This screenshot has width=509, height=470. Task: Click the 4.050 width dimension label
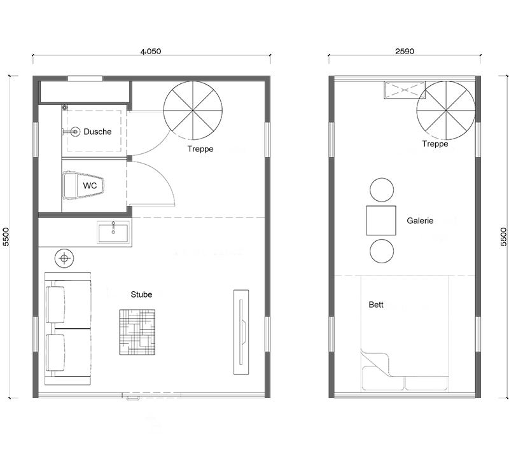point(151,52)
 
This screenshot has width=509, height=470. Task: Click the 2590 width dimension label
point(405,51)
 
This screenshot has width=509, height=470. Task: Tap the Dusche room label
point(97,132)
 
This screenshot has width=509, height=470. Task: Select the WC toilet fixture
point(84,185)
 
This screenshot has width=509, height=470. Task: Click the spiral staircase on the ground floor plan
point(193,111)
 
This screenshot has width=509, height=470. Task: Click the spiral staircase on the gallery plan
point(446,111)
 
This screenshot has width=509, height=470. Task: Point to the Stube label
point(141,294)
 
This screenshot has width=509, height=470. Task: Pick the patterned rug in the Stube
point(137,332)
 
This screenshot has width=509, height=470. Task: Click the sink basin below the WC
point(113,232)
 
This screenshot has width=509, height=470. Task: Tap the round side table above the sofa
point(65,258)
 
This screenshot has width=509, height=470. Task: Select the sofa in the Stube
point(67,329)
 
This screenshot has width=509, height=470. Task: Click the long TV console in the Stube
point(241,332)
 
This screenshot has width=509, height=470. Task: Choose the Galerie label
point(420,221)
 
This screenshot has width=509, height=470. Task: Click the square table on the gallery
point(381,221)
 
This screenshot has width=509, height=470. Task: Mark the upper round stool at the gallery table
point(382,190)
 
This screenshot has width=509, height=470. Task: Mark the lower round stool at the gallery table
point(382,251)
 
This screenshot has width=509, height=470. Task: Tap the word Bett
point(376,305)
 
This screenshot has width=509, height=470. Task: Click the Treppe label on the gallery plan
point(435,144)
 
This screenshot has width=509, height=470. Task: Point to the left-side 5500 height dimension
point(6,237)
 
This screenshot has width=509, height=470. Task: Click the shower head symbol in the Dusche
point(75,132)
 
